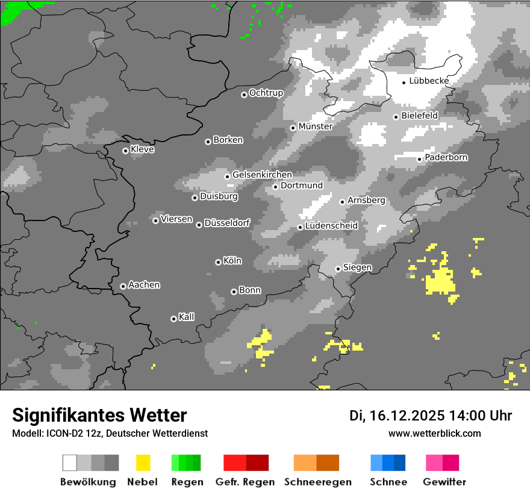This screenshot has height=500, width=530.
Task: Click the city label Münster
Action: pos(315,127)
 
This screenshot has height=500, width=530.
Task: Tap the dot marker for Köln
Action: pos(218,262)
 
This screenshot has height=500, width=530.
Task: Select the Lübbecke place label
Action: pos(429,81)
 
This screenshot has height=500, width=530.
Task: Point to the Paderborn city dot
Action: pos(419,159)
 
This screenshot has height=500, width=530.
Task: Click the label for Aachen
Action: pos(144,285)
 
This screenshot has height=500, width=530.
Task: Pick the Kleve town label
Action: pos(142,149)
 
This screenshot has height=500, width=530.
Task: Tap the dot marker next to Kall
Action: pos(173,319)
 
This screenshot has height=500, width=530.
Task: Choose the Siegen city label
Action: pos(357,267)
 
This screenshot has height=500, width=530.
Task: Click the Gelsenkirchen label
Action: pos(262,175)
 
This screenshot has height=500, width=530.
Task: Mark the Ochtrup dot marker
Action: pos(244,95)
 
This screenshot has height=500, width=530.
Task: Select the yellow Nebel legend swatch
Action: pos(143,463)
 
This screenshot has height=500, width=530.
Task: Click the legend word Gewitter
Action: pos(444,482)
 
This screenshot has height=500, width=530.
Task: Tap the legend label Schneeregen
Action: pos(318,482)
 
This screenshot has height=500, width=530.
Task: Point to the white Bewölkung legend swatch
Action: pos(70,463)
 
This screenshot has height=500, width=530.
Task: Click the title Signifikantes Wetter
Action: pos(99,415)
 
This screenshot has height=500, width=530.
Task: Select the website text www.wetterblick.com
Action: pos(434,433)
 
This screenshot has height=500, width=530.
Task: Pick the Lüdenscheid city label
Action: pos(331,226)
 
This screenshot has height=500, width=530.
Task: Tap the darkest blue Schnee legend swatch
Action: pos(400,463)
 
